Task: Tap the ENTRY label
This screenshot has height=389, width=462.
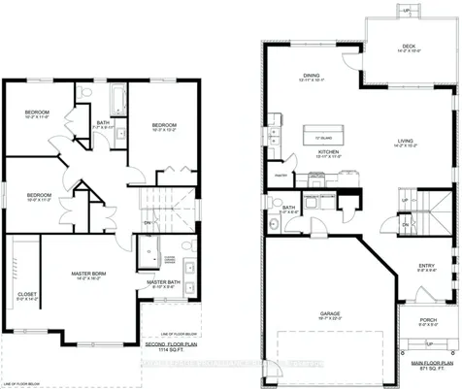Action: (x=426, y=265)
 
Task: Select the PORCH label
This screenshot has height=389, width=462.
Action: (x=426, y=321)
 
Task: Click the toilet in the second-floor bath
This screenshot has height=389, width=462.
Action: (x=84, y=94)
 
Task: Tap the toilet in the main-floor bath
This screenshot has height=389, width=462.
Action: (x=275, y=225)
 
